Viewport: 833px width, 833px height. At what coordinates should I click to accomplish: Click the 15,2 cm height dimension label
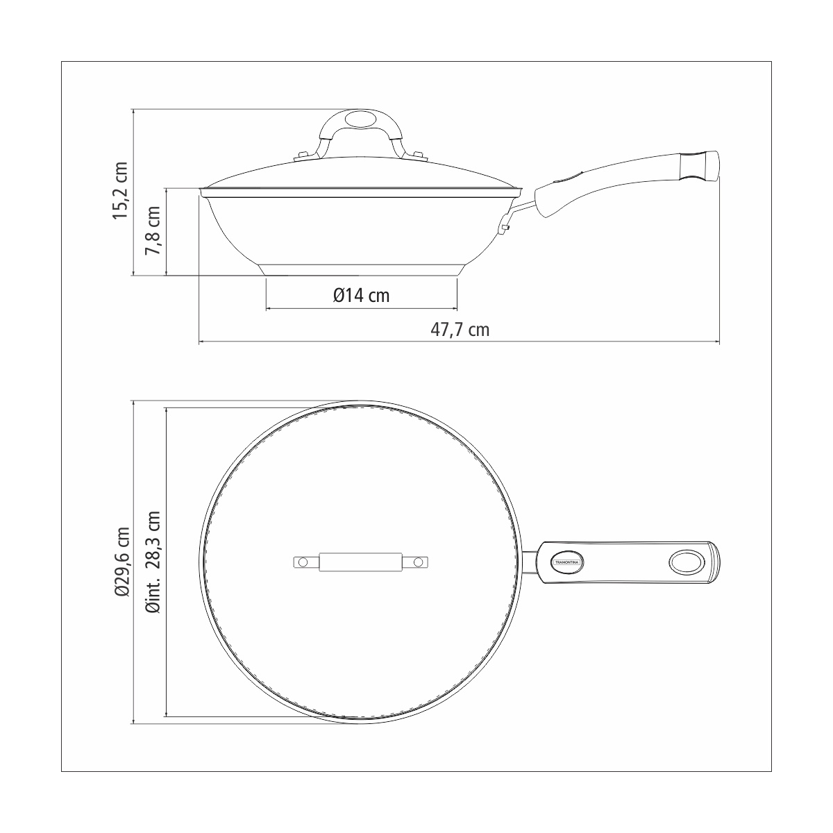121,190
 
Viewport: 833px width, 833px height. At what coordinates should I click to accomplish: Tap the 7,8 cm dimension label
153,230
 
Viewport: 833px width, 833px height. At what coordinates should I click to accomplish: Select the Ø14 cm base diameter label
362,296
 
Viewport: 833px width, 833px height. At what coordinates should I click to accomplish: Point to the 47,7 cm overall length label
460,330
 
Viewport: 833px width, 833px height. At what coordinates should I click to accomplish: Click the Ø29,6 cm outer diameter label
122,562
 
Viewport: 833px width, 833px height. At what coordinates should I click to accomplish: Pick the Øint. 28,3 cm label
153,562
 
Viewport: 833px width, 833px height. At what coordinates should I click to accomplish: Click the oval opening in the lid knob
361,119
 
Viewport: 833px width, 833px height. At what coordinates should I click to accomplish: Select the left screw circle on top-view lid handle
303,562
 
